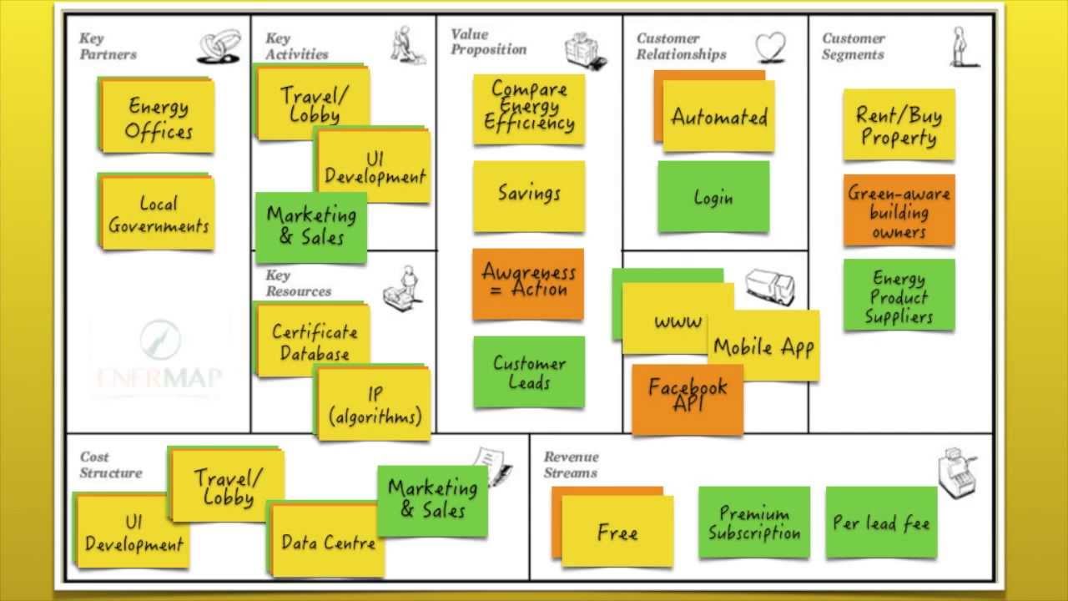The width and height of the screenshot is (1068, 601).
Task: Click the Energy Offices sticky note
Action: coord(158,118)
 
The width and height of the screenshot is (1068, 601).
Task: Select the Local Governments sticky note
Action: coord(158,214)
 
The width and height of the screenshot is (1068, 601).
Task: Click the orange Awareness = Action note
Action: coord(528,282)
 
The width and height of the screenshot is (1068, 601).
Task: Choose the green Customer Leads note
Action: coord(529,372)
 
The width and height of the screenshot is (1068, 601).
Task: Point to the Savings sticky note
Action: coord(528,194)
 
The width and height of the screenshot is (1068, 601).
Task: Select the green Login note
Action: coord(713,198)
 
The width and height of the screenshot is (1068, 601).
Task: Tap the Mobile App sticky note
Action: coord(763,346)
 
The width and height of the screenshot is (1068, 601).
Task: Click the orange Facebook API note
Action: coord(688,397)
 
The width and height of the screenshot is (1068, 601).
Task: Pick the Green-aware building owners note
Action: coord(899,211)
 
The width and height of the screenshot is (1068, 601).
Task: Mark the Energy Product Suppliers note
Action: coord(899,295)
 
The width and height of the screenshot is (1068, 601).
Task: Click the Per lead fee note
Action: coord(881,523)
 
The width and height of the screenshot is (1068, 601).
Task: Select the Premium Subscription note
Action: coord(754,523)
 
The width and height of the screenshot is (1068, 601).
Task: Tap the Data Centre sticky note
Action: coord(328,541)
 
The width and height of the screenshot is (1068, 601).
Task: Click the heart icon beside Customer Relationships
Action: coord(771,47)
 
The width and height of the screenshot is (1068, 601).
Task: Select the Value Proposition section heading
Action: coord(488,42)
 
